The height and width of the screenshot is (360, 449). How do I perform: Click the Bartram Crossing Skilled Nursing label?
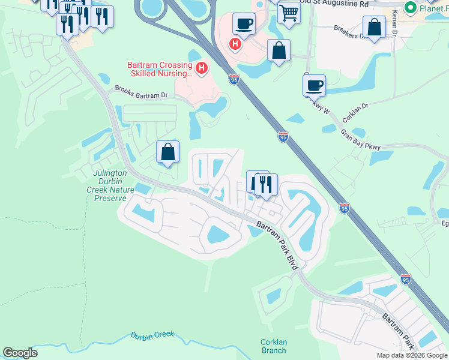click(x=159, y=70)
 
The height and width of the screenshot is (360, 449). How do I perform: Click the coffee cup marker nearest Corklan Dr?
click(x=314, y=85)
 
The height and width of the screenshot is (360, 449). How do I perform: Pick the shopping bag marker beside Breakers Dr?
click(x=374, y=27)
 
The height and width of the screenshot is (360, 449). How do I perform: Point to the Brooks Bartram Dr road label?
click(x=141, y=95)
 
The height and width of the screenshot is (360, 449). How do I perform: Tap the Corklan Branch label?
click(x=274, y=346)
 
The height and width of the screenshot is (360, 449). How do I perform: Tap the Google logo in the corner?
click(x=20, y=353)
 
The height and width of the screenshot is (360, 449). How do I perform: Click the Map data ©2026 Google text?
click(x=411, y=355)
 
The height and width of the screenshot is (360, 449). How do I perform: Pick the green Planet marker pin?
click(x=411, y=8)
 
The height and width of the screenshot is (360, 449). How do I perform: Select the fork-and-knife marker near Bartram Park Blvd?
click(x=266, y=184)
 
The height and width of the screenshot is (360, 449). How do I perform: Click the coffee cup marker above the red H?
click(x=243, y=24)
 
